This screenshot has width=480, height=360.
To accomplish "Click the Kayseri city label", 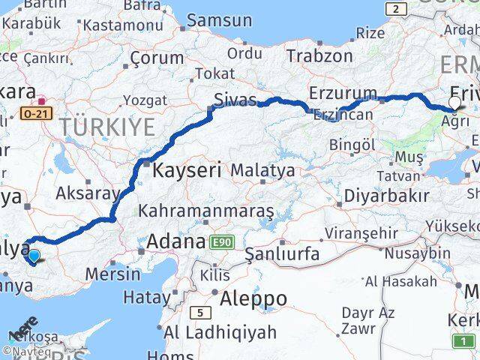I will pyautogui.click(x=187, y=170).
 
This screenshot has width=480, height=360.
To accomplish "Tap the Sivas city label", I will pyautogui.click(x=235, y=100).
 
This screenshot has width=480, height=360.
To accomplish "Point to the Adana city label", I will pyautogui.click(x=176, y=241).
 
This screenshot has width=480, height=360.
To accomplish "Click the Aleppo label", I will pyautogui.click(x=254, y=298).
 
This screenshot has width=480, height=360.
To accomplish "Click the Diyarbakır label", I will pyautogui.click(x=386, y=196).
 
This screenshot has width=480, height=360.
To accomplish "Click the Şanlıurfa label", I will pyautogui.click(x=283, y=254).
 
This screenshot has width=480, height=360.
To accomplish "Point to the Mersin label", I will pyautogui.click(x=112, y=274).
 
